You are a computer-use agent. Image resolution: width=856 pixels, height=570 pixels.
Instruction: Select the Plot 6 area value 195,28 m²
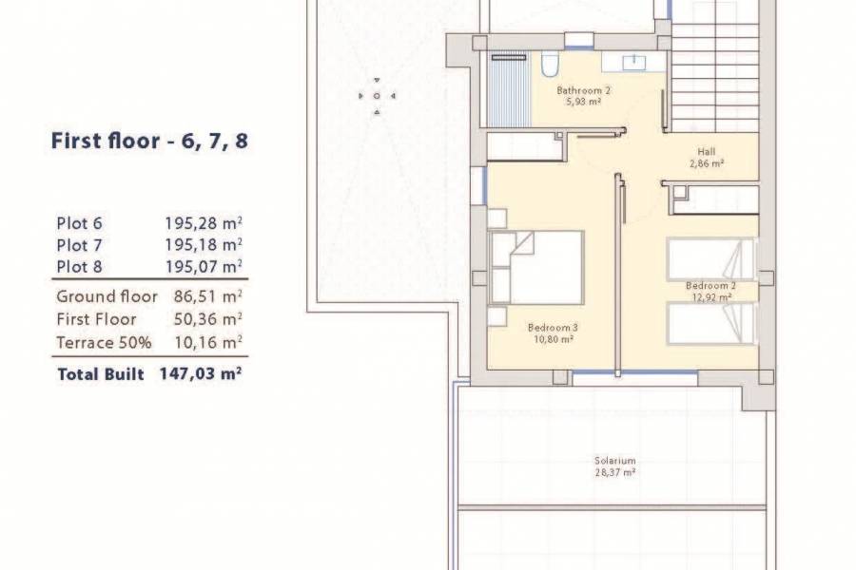(x=203, y=224)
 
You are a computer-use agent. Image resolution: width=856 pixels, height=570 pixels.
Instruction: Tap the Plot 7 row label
(x=79, y=245)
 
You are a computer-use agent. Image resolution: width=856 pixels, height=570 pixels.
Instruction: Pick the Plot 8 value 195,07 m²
(x=203, y=266)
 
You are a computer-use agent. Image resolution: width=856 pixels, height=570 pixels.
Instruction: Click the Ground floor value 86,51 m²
(x=207, y=297)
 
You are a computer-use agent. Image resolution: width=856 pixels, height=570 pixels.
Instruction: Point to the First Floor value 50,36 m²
(x=207, y=319)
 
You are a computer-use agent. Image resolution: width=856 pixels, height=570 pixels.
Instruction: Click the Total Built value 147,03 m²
(x=201, y=375)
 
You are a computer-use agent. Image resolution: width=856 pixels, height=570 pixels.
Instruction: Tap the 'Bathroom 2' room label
(x=582, y=91)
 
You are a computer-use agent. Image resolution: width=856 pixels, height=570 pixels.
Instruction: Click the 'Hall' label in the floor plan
(x=706, y=151)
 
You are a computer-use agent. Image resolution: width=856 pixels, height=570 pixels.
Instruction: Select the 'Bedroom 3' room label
(x=553, y=328)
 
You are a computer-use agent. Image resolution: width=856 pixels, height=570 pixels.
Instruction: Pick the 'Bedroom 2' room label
(x=710, y=285)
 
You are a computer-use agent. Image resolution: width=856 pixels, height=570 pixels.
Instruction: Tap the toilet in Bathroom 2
(x=549, y=65)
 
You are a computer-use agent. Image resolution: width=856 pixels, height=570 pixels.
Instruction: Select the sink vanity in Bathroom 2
(x=633, y=64)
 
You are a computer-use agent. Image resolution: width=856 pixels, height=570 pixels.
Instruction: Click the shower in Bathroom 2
(x=510, y=90)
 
